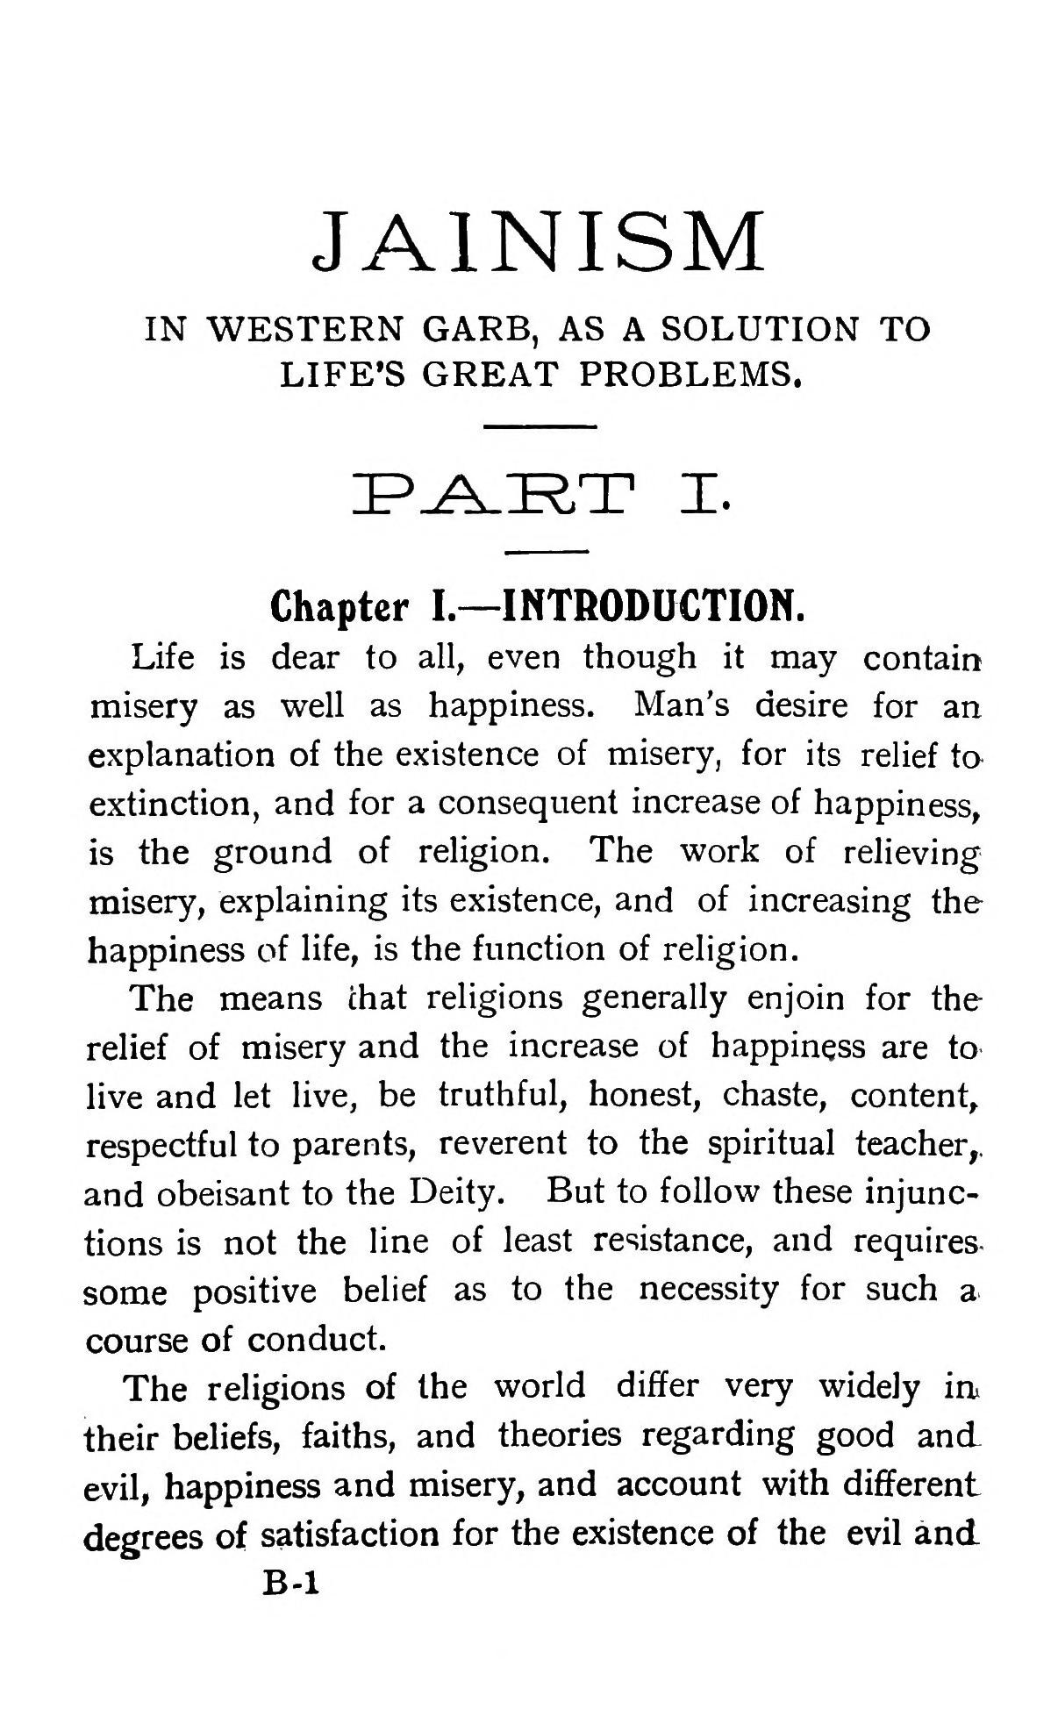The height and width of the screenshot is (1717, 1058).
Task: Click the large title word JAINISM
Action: (x=539, y=240)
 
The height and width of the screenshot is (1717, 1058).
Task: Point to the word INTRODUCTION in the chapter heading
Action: (x=652, y=605)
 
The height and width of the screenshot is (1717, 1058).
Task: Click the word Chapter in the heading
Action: (x=340, y=606)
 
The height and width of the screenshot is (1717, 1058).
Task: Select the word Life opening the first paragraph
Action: (x=162, y=656)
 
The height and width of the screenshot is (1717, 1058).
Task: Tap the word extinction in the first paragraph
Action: (x=172, y=803)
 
